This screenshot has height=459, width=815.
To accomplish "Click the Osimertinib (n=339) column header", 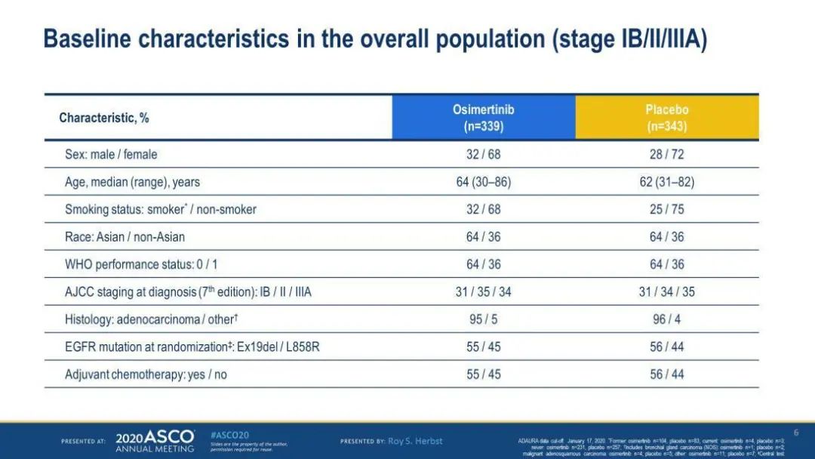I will (483, 118).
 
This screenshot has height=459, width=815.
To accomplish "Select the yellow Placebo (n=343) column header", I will (666, 118).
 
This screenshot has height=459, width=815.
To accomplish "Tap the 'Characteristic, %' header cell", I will (104, 119).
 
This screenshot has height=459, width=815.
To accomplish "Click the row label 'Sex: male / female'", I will (111, 154).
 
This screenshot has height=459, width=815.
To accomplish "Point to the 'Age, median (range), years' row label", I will (132, 182).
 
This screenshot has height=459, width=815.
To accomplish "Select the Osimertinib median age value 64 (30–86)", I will (483, 182).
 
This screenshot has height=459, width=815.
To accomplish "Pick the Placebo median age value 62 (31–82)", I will (666, 182).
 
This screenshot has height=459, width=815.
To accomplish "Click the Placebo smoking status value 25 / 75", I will (666, 209).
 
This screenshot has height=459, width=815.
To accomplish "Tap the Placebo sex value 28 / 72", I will (666, 154).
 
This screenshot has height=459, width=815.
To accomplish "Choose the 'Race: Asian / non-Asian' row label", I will (125, 237).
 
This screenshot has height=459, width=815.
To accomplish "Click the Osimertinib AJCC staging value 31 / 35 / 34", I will (483, 292).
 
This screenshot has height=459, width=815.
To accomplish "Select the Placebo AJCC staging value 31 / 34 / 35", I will (666, 292).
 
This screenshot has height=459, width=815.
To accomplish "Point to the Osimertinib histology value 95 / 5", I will (483, 319).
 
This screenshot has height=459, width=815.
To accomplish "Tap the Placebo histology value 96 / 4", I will (666, 319).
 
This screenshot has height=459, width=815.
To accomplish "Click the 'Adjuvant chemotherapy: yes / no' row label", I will (146, 374).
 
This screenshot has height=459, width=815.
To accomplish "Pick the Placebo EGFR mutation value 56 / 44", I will (666, 347).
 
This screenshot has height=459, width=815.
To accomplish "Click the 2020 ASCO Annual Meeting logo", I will (155, 441).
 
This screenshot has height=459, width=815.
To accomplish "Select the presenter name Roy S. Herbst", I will (415, 441).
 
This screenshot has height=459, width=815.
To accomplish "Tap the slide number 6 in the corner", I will (795, 433).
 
